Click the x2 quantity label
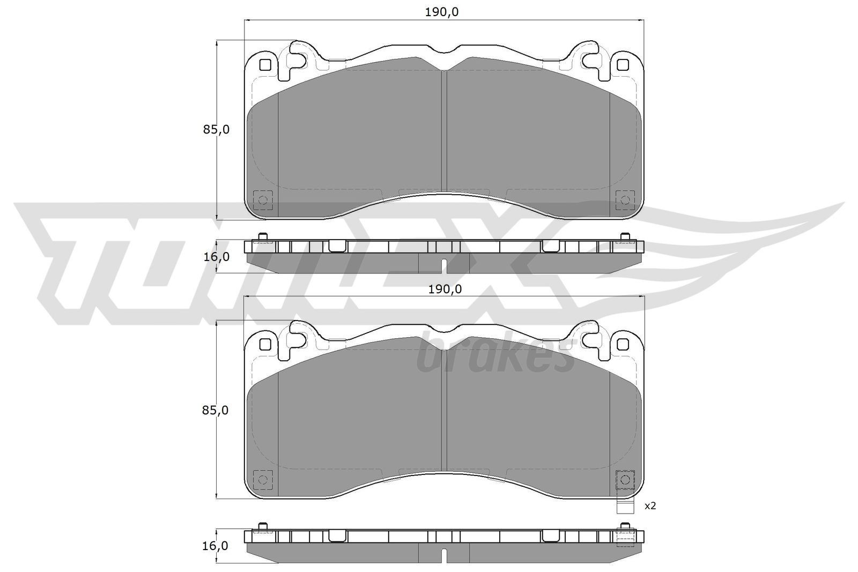[x=650, y=506]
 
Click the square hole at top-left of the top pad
[x=264, y=65]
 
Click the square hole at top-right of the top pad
[x=622, y=65]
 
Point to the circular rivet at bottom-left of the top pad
[x=263, y=200]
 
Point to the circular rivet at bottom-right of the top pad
[x=624, y=200]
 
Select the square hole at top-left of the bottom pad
[x=264, y=344]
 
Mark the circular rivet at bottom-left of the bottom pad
[x=263, y=479]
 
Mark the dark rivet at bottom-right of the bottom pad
[x=624, y=479]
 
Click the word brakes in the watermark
[x=496, y=357]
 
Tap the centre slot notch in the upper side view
[x=443, y=265]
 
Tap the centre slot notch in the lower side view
[x=443, y=555]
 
